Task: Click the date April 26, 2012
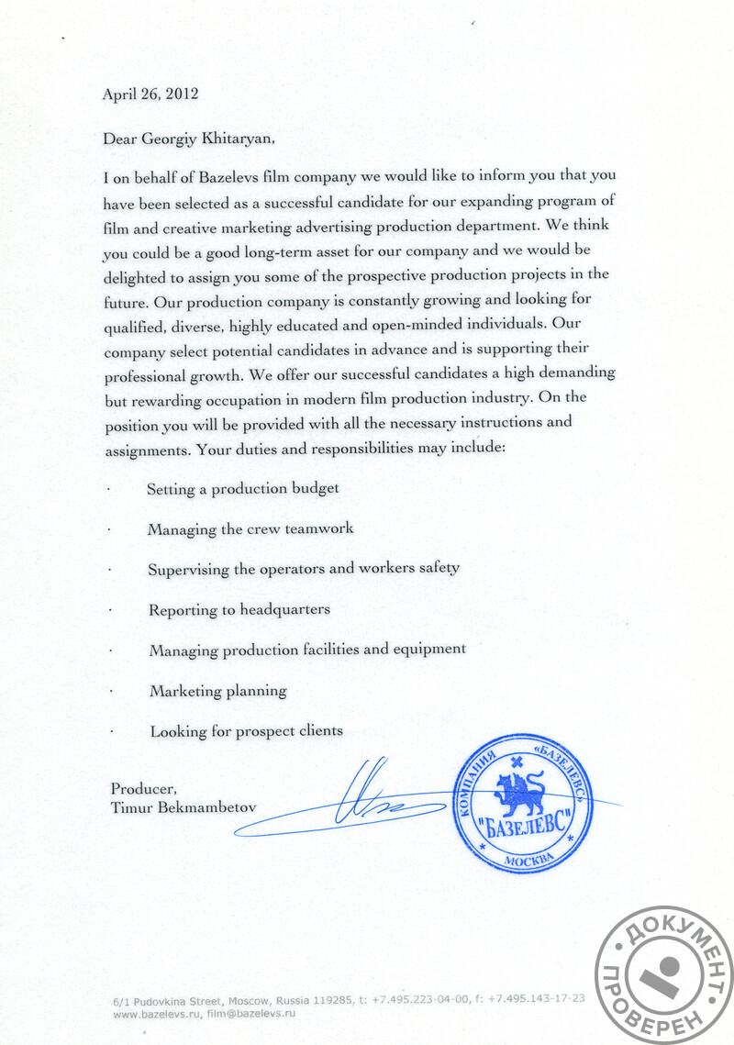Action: click(x=150, y=94)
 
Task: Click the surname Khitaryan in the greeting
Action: click(x=234, y=139)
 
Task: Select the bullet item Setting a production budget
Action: click(x=242, y=489)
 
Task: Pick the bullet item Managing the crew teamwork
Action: click(x=250, y=529)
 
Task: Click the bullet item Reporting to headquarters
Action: click(x=239, y=609)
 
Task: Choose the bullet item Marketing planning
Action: click(x=218, y=690)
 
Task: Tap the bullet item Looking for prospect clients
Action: click(x=246, y=731)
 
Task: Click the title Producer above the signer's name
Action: click(x=142, y=789)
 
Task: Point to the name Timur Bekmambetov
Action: click(x=183, y=807)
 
